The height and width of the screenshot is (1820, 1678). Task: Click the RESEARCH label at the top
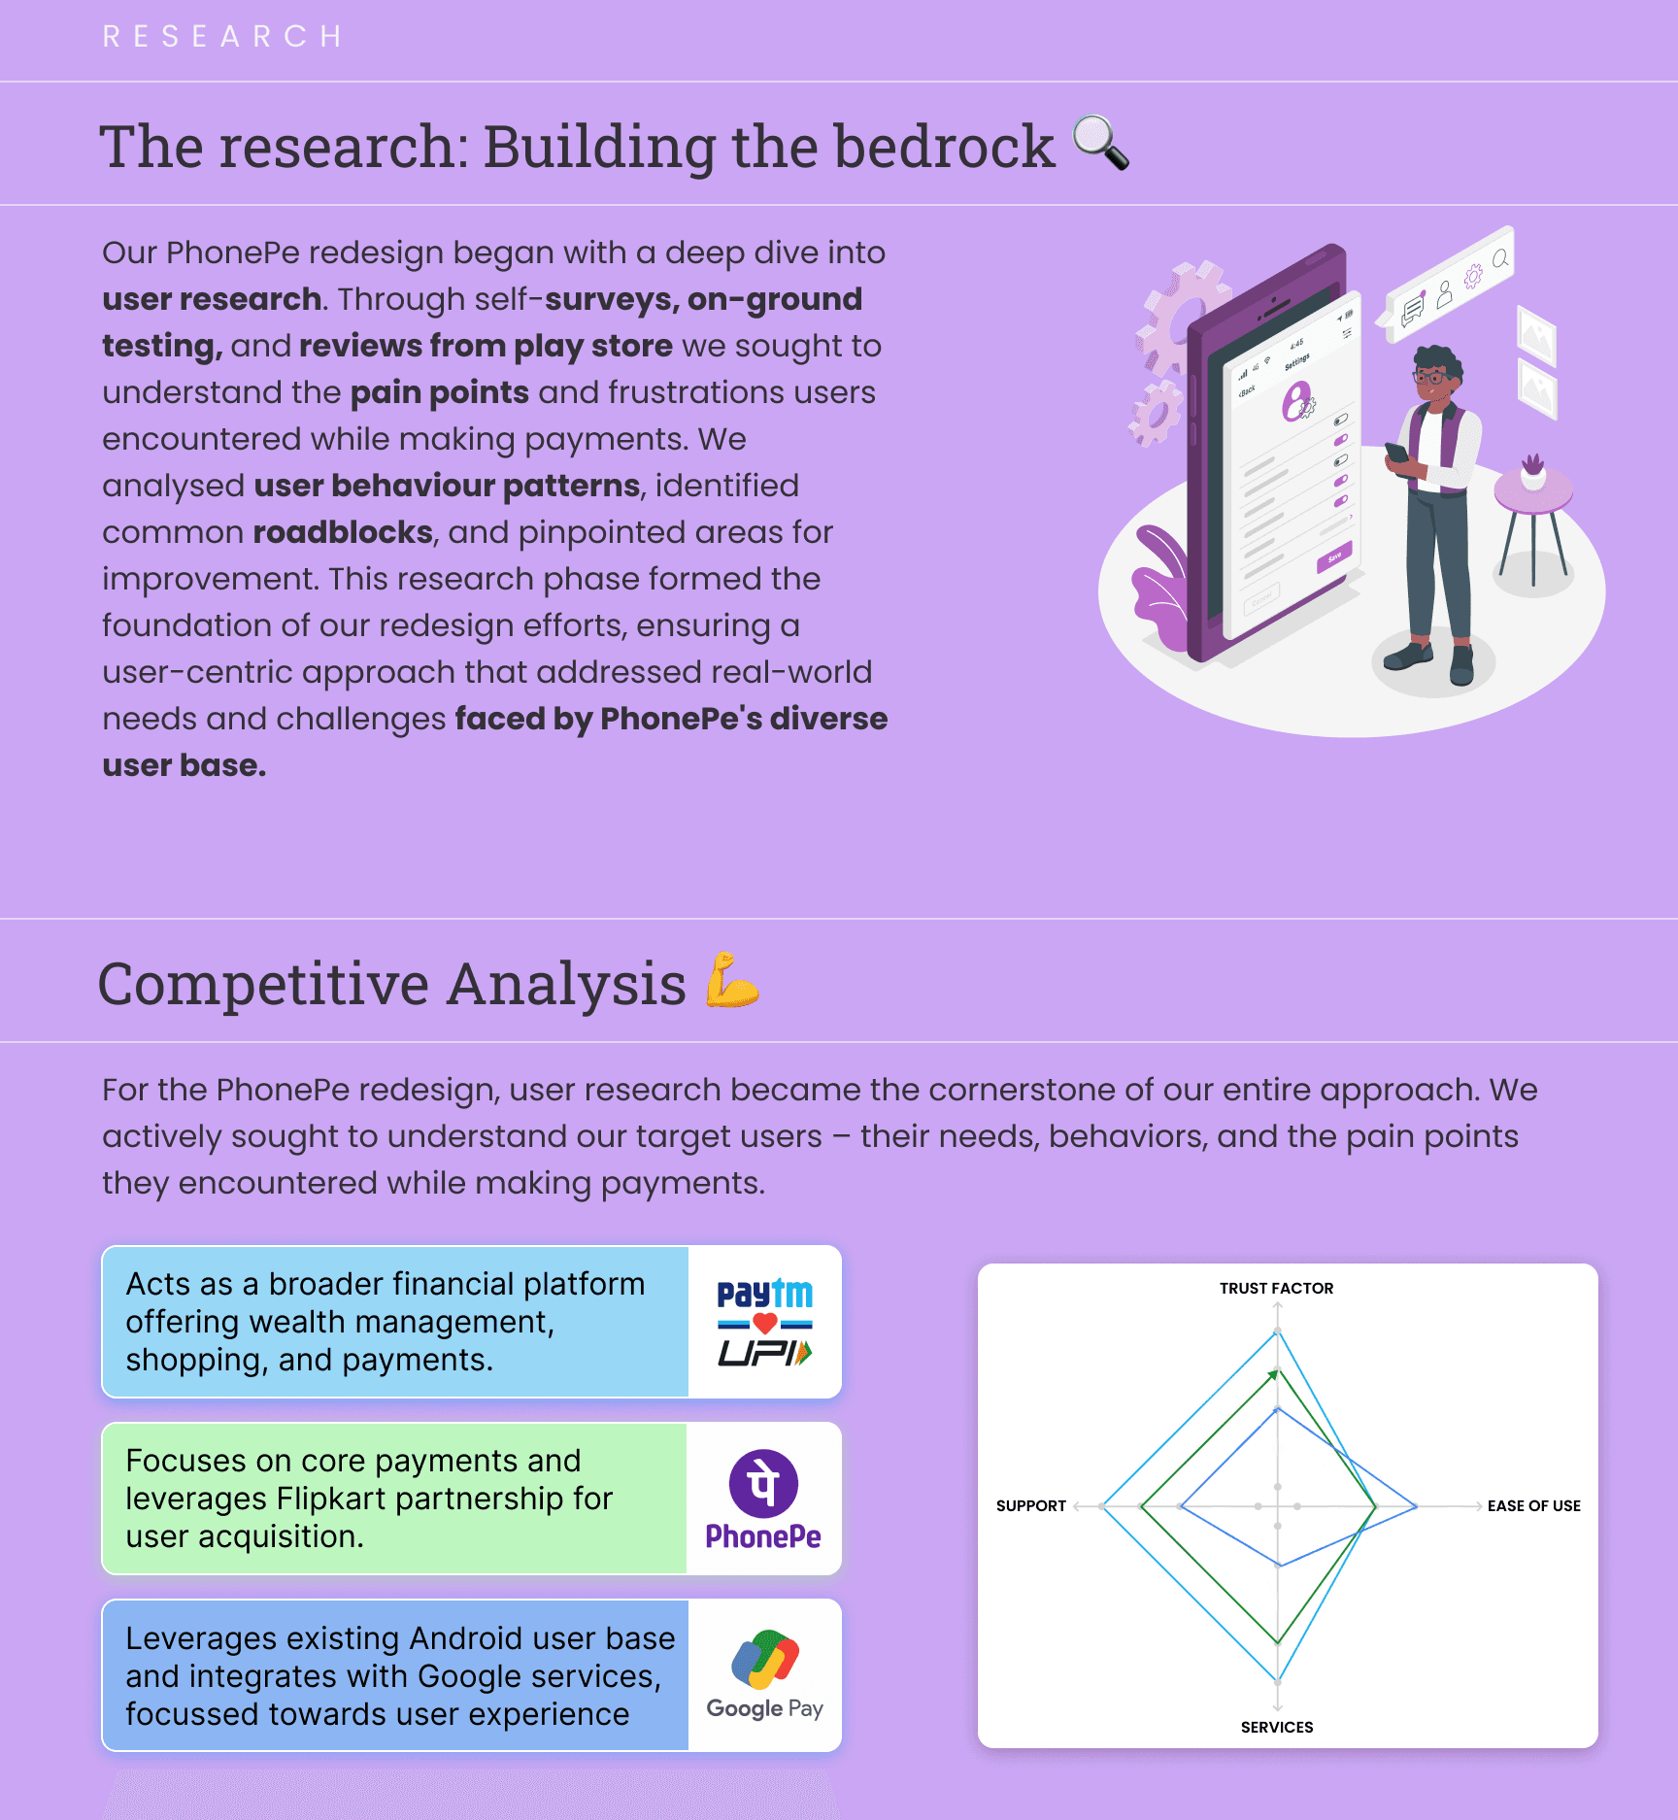[x=222, y=37]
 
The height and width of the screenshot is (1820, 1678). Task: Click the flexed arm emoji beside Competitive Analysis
[x=731, y=981]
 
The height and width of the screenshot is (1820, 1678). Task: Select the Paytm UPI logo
[x=764, y=1322]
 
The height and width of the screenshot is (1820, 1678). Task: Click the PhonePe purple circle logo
[x=763, y=1483]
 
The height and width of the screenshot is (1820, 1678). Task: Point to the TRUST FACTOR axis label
[x=1276, y=1289]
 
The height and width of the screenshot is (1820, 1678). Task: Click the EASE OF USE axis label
[x=1533, y=1506]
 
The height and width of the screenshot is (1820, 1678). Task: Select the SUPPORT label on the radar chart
[x=1030, y=1506]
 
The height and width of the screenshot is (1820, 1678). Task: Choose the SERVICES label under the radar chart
[x=1276, y=1728]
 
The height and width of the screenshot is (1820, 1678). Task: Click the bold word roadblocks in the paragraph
[x=343, y=533]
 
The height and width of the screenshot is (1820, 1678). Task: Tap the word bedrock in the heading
[x=943, y=148]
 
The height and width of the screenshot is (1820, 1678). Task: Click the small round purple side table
[x=1533, y=493]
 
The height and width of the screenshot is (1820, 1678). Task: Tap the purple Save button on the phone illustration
[x=1334, y=558]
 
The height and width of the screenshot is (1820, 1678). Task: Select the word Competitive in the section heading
[x=263, y=985]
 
